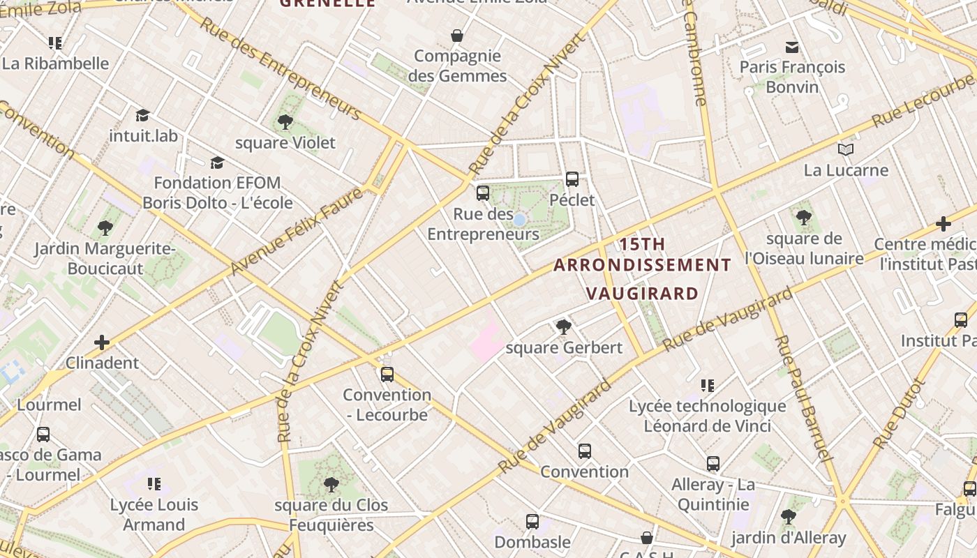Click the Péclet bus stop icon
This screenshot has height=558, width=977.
pyautogui.click(x=572, y=179)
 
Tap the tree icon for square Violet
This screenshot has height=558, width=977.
pyautogui.click(x=285, y=123)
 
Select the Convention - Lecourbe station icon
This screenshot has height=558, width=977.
pyautogui.click(x=387, y=375)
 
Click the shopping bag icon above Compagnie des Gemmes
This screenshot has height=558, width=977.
pyautogui.click(x=457, y=36)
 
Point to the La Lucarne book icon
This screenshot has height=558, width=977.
pyautogui.click(x=846, y=149)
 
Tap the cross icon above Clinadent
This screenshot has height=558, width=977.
pyautogui.click(x=102, y=342)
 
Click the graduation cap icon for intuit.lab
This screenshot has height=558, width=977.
pyautogui.click(x=143, y=115)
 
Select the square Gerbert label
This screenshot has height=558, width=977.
pyautogui.click(x=564, y=347)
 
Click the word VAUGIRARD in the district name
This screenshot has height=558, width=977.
pyautogui.click(x=642, y=293)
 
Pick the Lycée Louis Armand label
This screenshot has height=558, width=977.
pyautogui.click(x=154, y=515)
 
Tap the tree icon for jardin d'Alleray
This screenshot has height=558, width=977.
pyautogui.click(x=789, y=517)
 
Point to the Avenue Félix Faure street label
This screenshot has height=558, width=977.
pyautogui.click(x=297, y=231)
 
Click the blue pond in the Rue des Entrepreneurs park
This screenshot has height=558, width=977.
pyautogui.click(x=519, y=220)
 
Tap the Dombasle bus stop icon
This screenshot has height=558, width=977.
pyautogui.click(x=532, y=521)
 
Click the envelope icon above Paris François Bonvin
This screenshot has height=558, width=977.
pyautogui.click(x=792, y=47)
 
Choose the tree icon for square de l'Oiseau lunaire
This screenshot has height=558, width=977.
pyautogui.click(x=804, y=217)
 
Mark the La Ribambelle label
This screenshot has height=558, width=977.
pyautogui.click(x=56, y=63)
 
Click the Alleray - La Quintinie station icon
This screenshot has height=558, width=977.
pyautogui.click(x=713, y=464)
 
